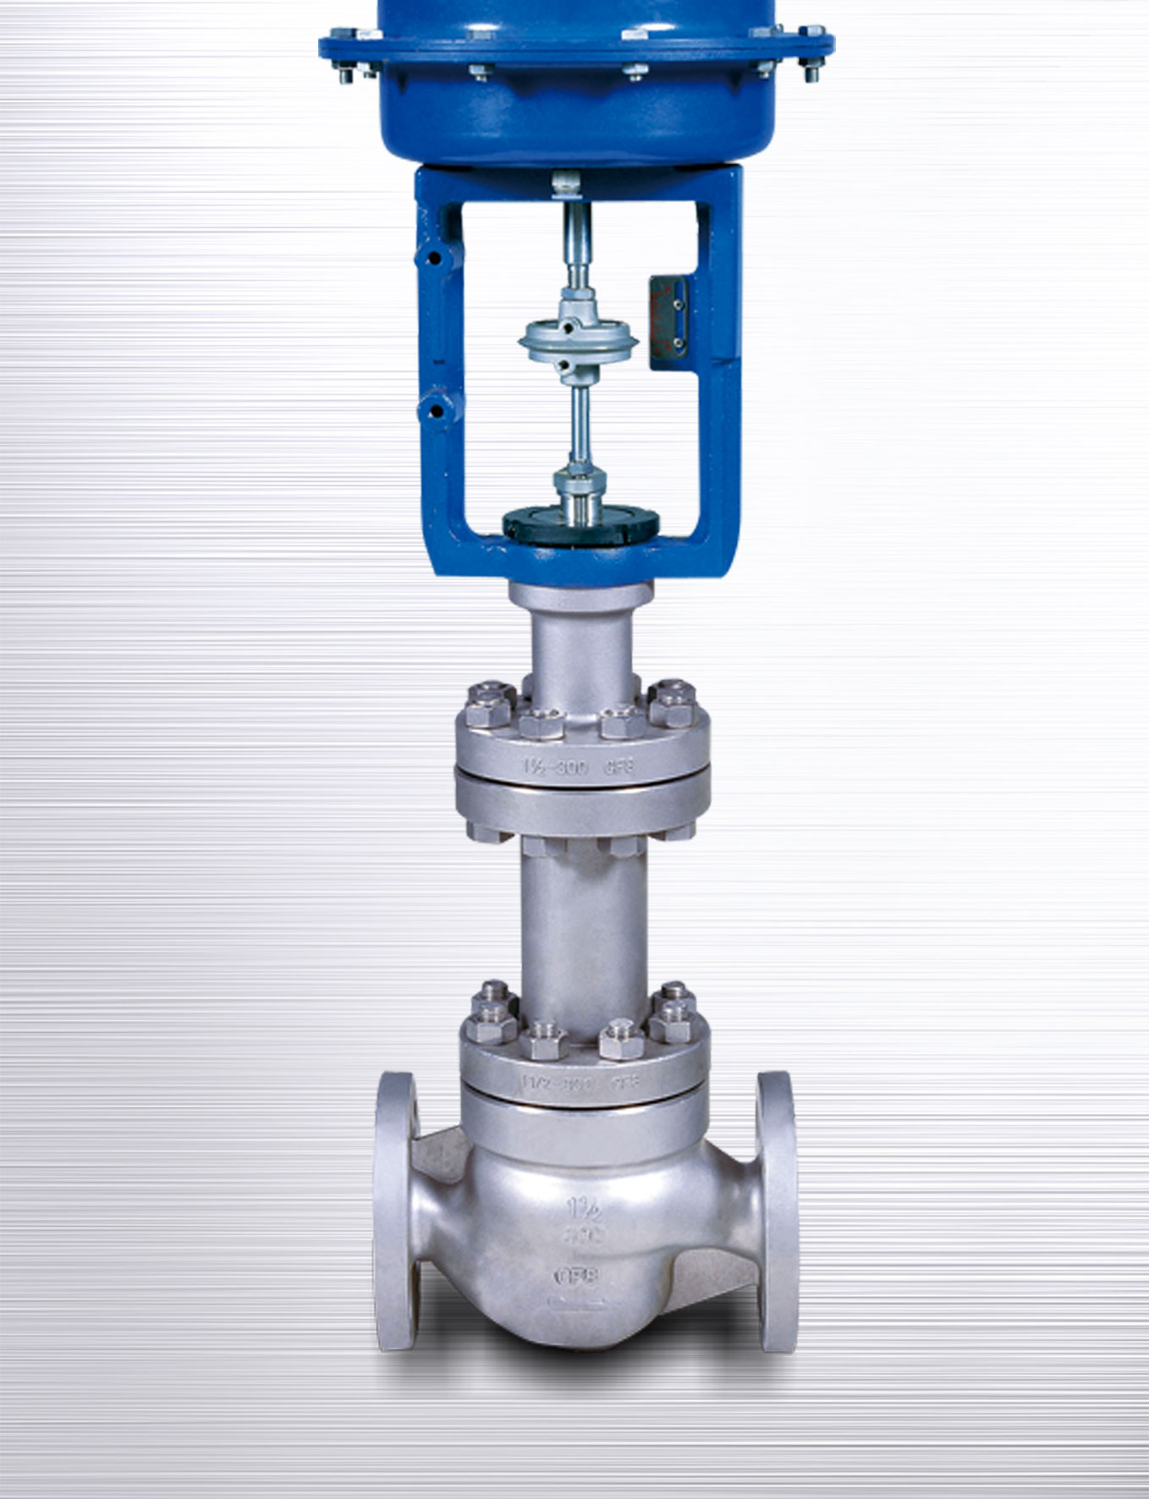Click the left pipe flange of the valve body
pyautogui.click(x=396, y=1210)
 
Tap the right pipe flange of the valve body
pyautogui.click(x=776, y=1210)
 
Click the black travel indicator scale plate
pyautogui.click(x=668, y=322)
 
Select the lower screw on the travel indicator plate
pyautogui.click(x=678, y=343)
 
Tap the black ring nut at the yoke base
pyautogui.click(x=580, y=525)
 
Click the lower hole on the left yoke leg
pyautogui.click(x=436, y=412)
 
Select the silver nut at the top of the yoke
pyautogui.click(x=566, y=181)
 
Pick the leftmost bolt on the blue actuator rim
pyautogui.click(x=345, y=74)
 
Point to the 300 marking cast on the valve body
pyautogui.click(x=583, y=1237)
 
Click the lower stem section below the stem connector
pyautogui.click(x=580, y=423)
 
